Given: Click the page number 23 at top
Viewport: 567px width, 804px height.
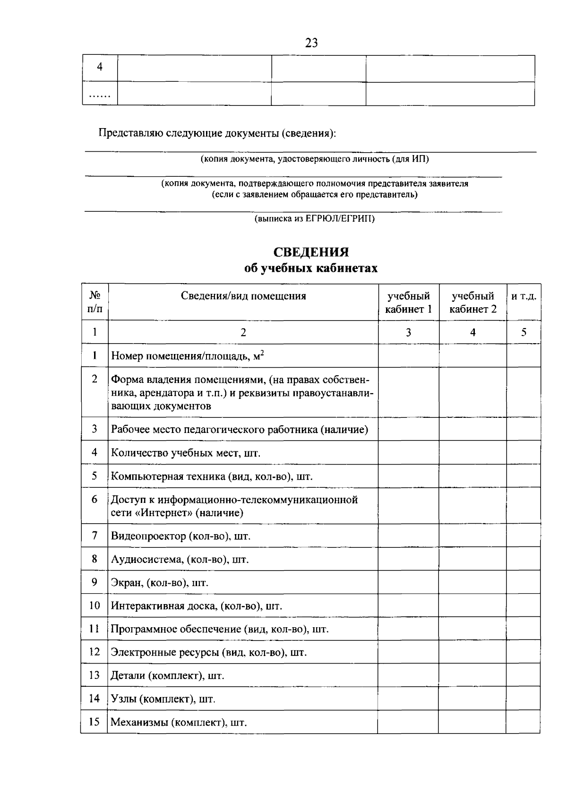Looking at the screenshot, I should click(x=311, y=43).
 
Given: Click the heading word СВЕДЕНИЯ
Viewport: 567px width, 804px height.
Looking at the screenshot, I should click(x=311, y=252).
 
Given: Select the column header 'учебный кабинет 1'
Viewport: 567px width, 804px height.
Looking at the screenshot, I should click(x=408, y=303).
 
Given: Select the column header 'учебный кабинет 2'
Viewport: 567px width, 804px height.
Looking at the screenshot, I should click(x=472, y=303).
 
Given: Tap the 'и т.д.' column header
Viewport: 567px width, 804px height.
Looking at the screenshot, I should click(x=524, y=296).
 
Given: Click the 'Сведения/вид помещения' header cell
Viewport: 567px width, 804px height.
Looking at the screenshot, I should click(x=243, y=296).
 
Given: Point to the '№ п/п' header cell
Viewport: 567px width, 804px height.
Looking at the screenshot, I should click(x=95, y=303).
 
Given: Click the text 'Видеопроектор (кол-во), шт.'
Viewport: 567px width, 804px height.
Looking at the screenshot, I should click(x=180, y=536).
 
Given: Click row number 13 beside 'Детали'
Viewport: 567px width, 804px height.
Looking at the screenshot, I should click(x=94, y=675).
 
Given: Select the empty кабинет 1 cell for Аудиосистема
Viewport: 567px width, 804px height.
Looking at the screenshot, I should click(x=408, y=559).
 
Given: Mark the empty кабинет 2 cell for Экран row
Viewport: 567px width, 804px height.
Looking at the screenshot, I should click(x=472, y=582).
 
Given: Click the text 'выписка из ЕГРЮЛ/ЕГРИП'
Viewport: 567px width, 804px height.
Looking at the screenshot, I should click(x=314, y=219).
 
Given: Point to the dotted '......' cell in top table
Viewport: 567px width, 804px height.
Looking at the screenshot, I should click(x=99, y=95).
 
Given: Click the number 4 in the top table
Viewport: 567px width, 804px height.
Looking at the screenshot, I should click(x=100, y=68).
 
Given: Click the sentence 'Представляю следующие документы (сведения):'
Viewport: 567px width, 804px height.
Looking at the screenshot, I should click(x=217, y=133).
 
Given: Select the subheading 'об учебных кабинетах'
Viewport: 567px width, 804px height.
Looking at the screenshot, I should click(x=311, y=269).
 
